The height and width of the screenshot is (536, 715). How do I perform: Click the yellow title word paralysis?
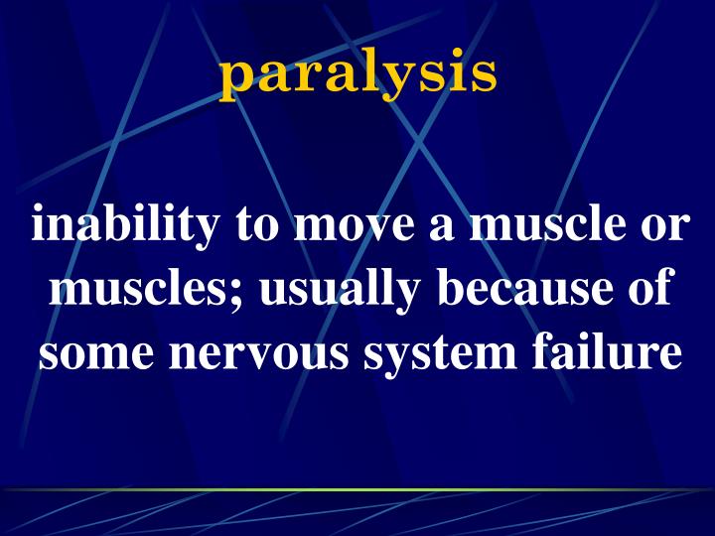click(x=357, y=74)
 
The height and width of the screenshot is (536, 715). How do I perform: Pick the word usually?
click(x=329, y=291)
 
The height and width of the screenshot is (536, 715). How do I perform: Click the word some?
click(x=90, y=355)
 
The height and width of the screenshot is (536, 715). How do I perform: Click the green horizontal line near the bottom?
click(x=357, y=489)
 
